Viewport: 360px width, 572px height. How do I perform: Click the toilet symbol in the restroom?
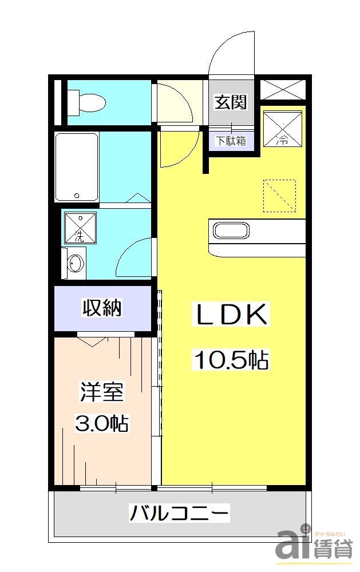(86, 104)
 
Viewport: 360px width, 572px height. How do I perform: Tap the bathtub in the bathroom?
(77, 167)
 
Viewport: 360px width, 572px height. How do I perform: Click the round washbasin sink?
(75, 263)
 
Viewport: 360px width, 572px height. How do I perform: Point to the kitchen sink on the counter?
(231, 231)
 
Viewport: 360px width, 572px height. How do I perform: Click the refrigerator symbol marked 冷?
(282, 129)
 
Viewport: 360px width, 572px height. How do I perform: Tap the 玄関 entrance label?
(230, 102)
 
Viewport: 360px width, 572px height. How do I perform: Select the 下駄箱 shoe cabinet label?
(230, 140)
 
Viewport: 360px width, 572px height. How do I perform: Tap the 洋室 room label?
(101, 395)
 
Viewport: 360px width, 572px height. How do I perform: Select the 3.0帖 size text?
(101, 424)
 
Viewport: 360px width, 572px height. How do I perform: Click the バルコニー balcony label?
(179, 513)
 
